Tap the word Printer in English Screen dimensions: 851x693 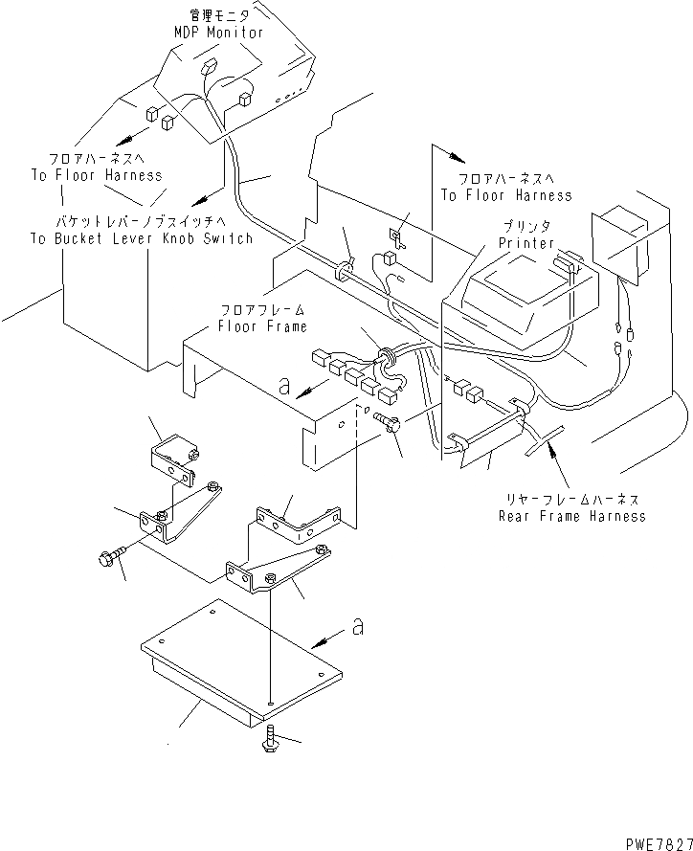[526, 243]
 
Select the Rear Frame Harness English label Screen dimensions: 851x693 [571, 516]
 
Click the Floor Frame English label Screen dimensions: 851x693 [261, 326]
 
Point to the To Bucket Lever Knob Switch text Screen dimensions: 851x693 [140, 238]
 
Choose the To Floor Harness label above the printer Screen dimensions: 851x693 [505, 195]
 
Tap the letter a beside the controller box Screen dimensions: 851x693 [357, 627]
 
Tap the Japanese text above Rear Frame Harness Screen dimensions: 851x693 [571, 500]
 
